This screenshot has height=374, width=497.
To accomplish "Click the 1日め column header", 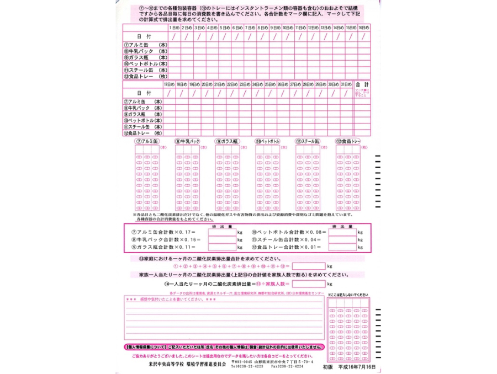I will tap(173, 27).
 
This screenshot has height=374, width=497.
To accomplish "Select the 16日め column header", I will tap(364, 27).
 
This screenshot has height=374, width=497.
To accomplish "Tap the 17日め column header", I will tap(168, 84).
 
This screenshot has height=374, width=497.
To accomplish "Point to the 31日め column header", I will tap(346, 84).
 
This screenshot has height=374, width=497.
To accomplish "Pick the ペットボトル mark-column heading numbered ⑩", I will tap(267, 141).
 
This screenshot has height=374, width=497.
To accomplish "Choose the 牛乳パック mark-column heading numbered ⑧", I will tap(187, 141).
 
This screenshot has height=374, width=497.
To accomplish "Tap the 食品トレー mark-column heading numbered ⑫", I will tap(348, 141).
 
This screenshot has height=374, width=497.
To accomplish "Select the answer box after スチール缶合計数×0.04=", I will tap(343, 240).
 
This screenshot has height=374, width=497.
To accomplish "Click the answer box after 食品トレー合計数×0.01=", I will tap(343, 248).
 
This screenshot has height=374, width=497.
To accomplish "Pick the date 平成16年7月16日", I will tap(357, 366).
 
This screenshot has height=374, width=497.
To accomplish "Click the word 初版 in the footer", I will tap(328, 366).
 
